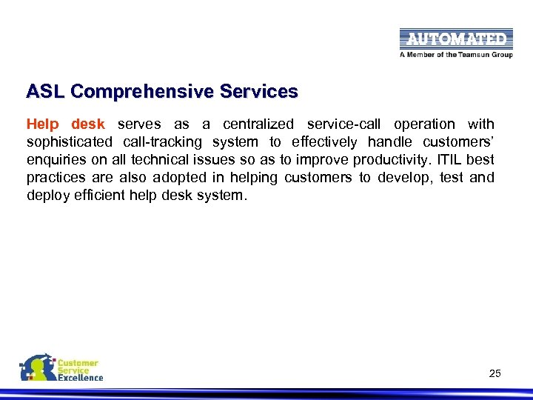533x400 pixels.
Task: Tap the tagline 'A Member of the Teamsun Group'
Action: (x=456, y=55)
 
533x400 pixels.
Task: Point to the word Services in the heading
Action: (x=254, y=92)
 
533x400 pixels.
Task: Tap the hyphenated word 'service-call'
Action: (x=343, y=124)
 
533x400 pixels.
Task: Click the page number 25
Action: (x=495, y=373)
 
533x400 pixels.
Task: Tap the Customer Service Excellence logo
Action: (x=61, y=368)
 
